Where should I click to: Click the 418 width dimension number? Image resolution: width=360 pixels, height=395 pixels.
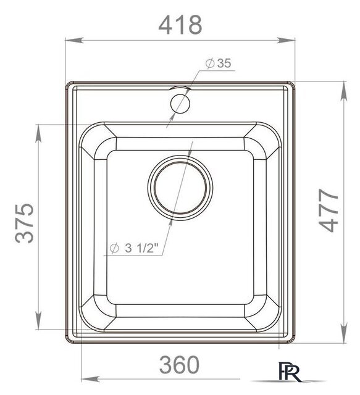tap(180, 25)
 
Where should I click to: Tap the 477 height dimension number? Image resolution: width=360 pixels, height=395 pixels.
tap(328, 210)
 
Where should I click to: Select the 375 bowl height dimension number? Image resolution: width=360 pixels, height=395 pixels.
tap(24, 223)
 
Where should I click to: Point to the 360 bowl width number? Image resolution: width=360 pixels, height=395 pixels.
tap(179, 365)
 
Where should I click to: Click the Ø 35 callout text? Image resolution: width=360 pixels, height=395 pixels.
tap(218, 63)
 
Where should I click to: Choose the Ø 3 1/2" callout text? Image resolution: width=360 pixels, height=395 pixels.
tap(134, 248)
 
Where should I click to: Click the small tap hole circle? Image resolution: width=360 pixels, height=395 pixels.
tap(180, 104)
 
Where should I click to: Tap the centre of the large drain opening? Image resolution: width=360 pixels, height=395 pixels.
tap(180, 188)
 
